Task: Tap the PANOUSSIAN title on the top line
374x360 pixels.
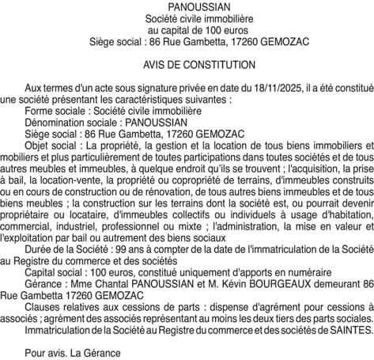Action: pos(187,6)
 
